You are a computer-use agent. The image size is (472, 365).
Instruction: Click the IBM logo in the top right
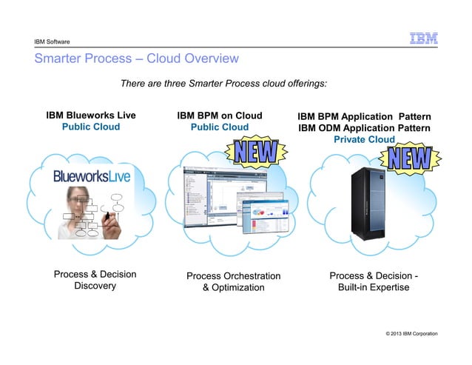coord(424,38)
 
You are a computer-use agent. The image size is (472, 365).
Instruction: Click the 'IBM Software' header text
coord(52,41)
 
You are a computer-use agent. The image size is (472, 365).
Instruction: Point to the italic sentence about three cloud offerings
coord(223,84)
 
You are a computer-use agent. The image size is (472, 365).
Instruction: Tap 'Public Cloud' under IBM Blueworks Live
coord(91,127)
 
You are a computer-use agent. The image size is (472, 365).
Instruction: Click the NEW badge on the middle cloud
coord(256,153)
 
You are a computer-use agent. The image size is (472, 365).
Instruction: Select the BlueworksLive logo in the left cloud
coord(91,177)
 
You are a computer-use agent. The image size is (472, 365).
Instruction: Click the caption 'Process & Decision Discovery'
coord(95,281)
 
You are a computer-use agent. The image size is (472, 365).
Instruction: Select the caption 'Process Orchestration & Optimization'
coord(233,281)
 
